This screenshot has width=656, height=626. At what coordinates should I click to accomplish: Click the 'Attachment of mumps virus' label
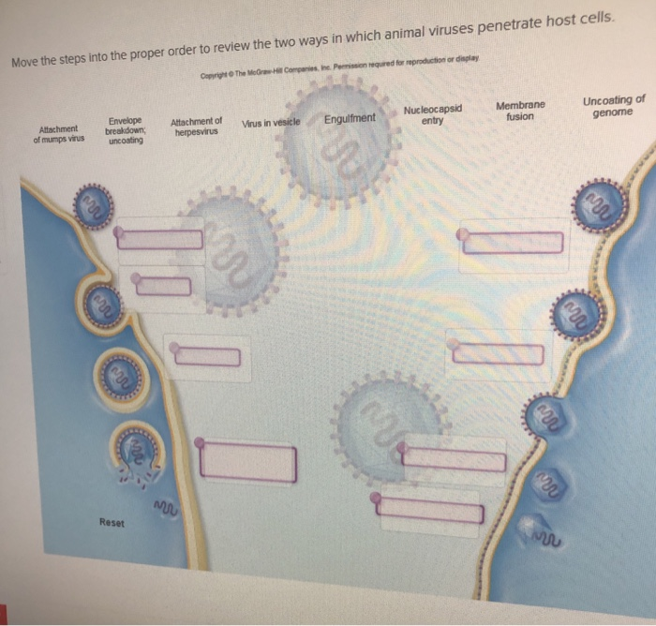tap(59, 134)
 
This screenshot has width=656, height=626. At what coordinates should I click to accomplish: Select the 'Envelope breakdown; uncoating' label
tap(125, 130)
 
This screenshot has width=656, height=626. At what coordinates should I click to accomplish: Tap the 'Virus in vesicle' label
tap(271, 123)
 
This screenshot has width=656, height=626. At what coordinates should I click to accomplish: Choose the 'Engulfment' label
tap(350, 118)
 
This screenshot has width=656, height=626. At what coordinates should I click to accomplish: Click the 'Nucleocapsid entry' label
tap(432, 114)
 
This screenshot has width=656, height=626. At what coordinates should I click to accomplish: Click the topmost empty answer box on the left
tap(160, 238)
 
